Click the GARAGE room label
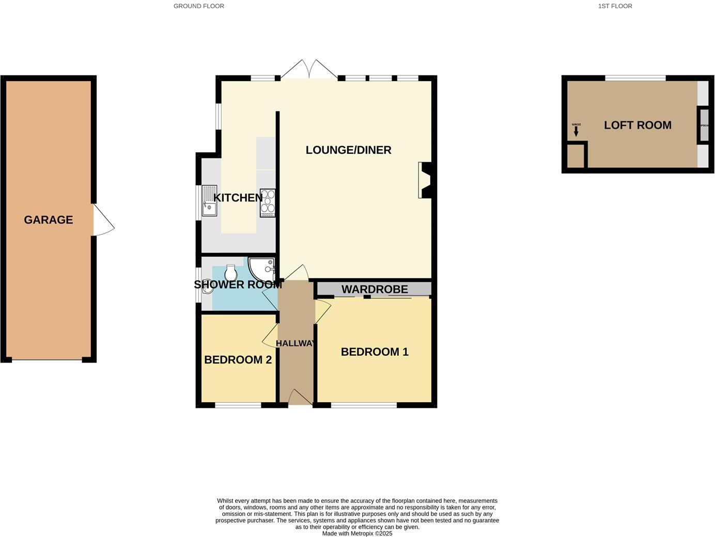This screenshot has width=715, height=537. pos(49,220)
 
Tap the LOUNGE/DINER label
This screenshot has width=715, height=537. pos(348,150)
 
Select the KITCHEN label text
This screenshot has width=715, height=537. pos(238,198)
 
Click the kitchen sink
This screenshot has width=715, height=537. pos(209,200)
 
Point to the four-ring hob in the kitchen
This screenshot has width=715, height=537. pos(268,203)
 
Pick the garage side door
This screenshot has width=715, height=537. pos(103,221)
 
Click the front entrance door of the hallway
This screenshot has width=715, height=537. pos(300,398)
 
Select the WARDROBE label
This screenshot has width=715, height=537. pos(375,290)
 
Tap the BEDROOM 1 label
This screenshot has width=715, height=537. pos(375,352)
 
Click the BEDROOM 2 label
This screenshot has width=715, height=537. pos(238,360)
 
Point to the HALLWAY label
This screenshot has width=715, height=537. pos(296,343)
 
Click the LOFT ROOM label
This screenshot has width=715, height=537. pos(638,125)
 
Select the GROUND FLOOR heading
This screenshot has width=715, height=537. pos(199,6)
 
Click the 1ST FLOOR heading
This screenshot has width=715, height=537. pos(615,6)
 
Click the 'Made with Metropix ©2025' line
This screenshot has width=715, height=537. pos(357,533)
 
